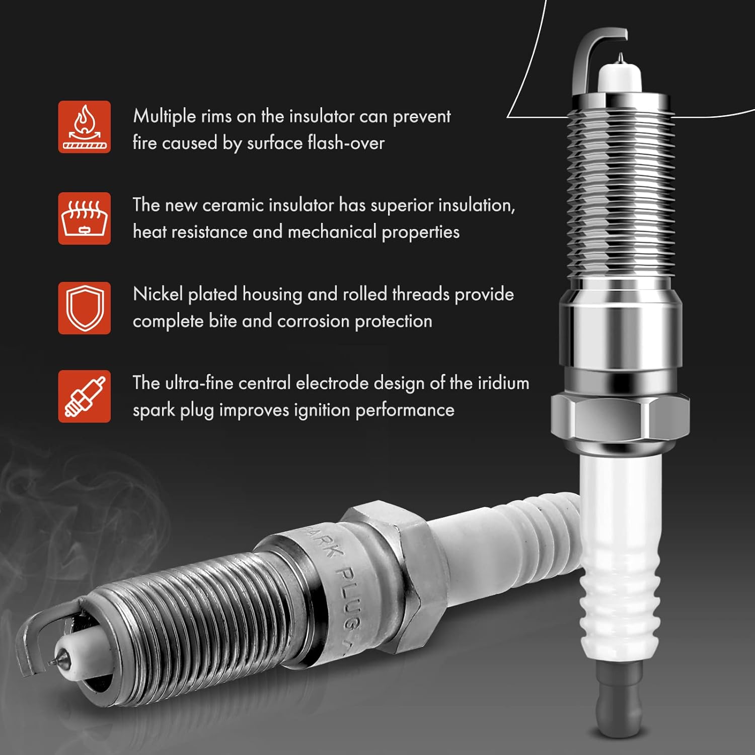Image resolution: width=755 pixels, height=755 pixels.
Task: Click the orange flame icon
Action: [84, 127]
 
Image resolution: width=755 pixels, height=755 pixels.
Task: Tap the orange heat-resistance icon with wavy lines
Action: [84, 218]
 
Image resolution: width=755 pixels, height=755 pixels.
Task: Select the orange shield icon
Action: [84, 308]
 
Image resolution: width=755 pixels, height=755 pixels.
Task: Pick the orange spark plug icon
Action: [84, 396]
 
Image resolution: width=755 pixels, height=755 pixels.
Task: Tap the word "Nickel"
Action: [158, 294]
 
